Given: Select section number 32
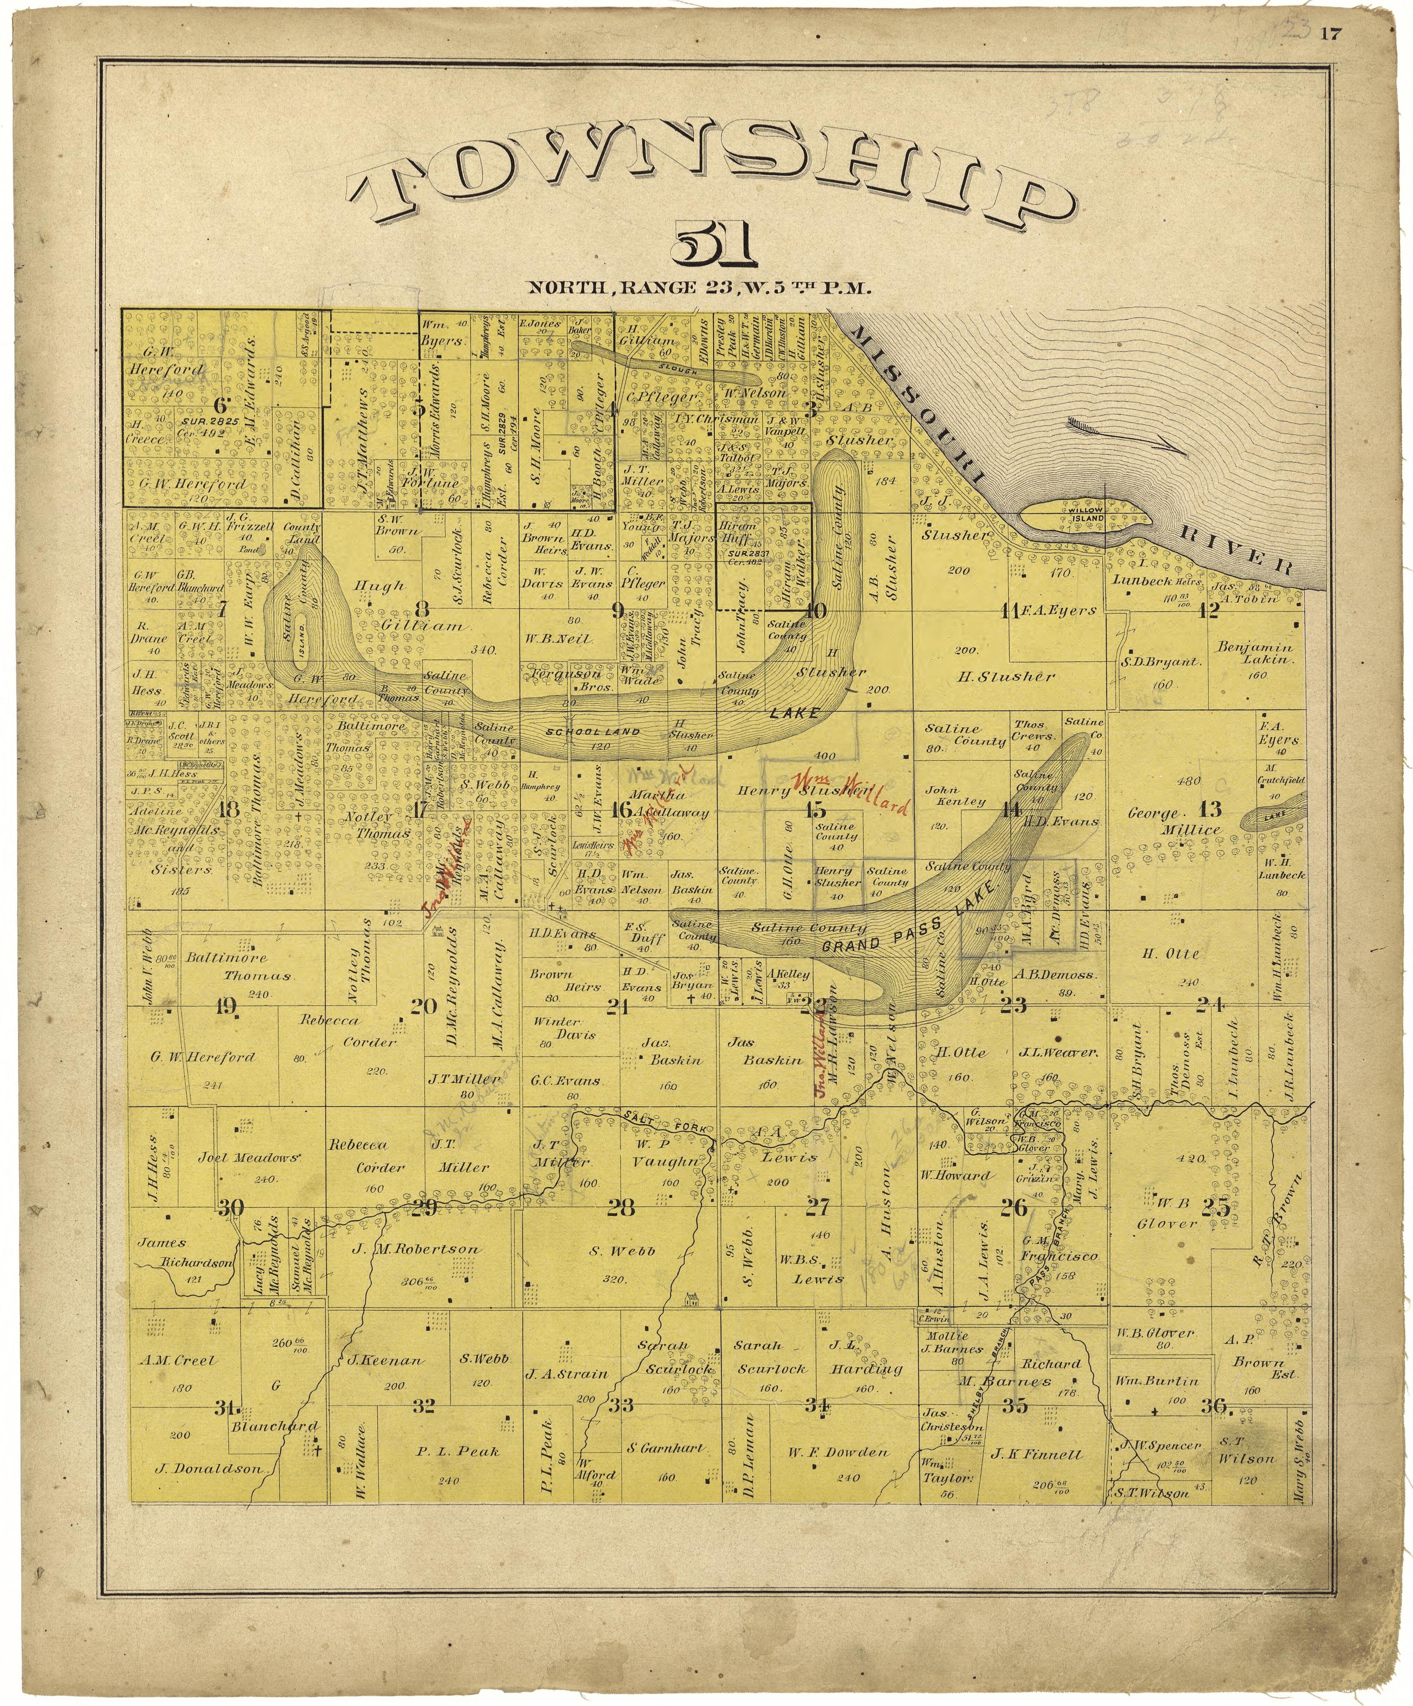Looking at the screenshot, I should click(x=423, y=1406).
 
